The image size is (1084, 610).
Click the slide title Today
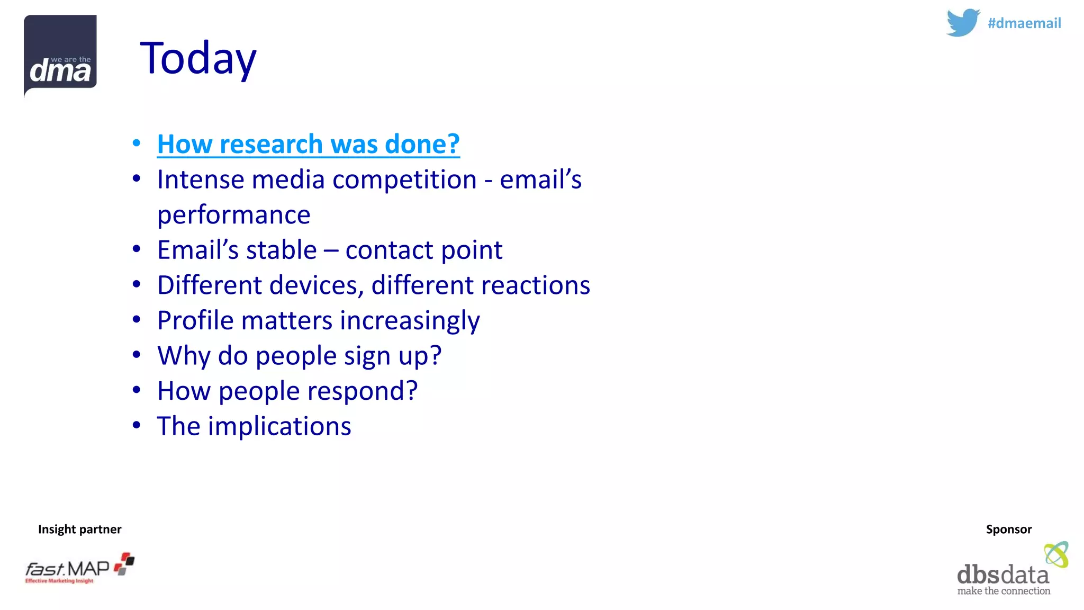(198, 58)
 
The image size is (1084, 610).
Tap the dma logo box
(60, 56)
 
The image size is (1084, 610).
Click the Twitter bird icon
(962, 23)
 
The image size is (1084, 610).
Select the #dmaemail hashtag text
(1024, 23)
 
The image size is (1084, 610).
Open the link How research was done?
(308, 144)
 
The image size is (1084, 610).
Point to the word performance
(233, 215)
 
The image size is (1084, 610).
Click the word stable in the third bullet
(281, 250)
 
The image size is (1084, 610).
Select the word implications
(279, 426)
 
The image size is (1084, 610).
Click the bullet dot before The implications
(137, 425)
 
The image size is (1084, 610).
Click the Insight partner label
(79, 529)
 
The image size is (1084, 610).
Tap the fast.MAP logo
(79, 568)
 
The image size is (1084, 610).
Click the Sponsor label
(1008, 529)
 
